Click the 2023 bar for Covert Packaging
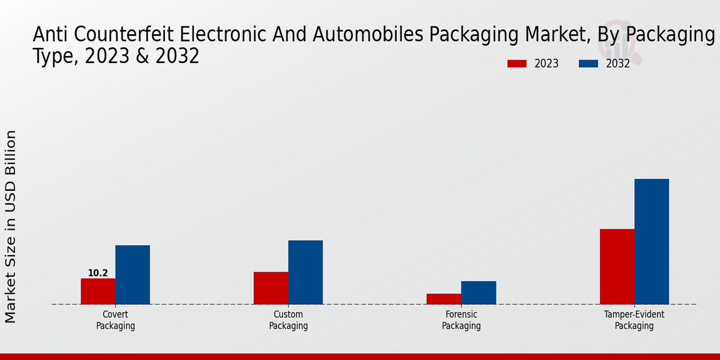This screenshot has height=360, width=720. point(98,291)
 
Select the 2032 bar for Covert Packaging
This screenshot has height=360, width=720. point(133,274)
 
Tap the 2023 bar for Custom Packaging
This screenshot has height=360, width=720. point(271,288)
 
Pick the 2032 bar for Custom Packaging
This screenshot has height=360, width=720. point(305,272)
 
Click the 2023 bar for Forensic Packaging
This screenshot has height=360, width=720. point(443,299)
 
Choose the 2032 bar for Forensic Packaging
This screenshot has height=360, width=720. point(478,292)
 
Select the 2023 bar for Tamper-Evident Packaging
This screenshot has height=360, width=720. point(617,266)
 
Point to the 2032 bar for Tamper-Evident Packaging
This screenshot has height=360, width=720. point(652,241)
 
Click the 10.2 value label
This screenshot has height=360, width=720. point(98,273)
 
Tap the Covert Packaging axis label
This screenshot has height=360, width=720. point(115,320)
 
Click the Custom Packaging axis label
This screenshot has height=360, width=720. point(288,320)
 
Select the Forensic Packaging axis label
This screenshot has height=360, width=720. point(461,320)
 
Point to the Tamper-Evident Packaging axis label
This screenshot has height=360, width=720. point(634,320)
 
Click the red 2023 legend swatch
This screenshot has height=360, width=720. point(517,64)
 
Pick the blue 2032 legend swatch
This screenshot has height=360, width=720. point(589,64)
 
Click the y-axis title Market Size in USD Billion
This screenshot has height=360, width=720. point(11,227)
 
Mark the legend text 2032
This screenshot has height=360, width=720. point(617,64)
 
